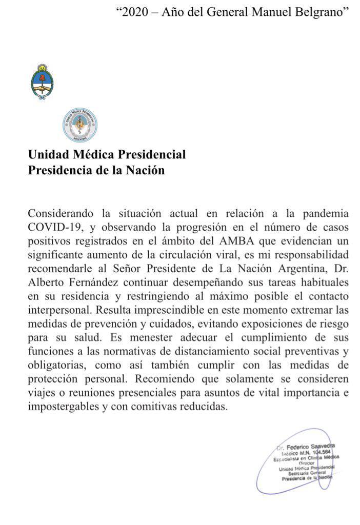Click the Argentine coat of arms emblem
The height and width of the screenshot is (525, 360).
42,81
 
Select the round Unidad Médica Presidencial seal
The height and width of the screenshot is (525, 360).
80,125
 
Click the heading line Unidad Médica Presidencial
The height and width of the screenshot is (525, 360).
107,154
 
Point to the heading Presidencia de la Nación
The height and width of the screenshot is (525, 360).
96,171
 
